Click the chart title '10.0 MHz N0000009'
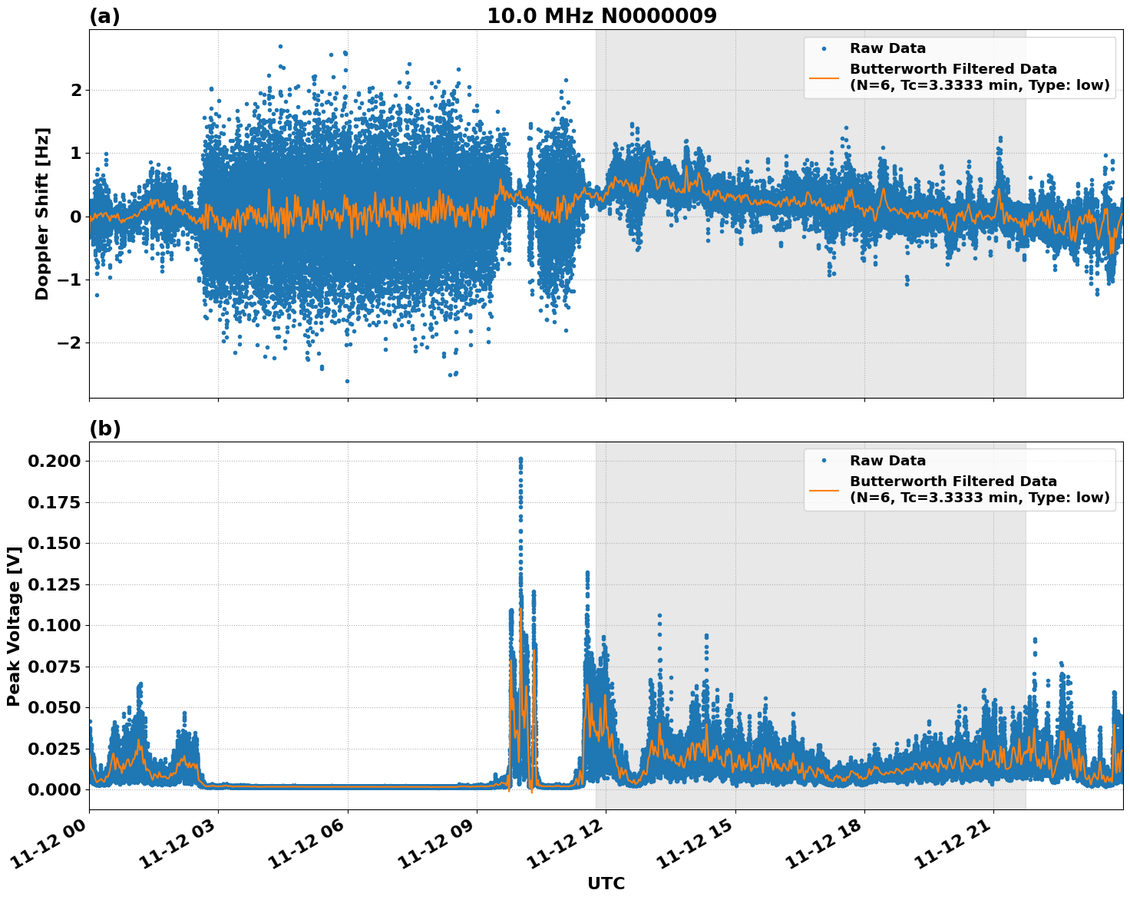coord(601,16)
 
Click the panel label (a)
coord(104,16)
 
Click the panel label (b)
coord(104,428)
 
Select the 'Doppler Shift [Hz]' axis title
coord(42,213)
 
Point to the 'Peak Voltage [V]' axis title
coord(13,626)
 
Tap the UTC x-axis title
coord(606,883)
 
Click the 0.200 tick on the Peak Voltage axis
coord(54,461)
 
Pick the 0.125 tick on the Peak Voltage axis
coord(54,584)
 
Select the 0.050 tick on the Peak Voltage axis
coord(54,707)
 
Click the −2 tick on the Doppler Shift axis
coord(69,342)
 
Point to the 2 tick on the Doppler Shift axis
coord(76,90)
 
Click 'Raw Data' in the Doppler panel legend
coord(887,48)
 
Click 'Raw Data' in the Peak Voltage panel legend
coord(887,461)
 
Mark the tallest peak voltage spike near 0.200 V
coord(520,459)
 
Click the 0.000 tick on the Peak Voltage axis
coord(54,789)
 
